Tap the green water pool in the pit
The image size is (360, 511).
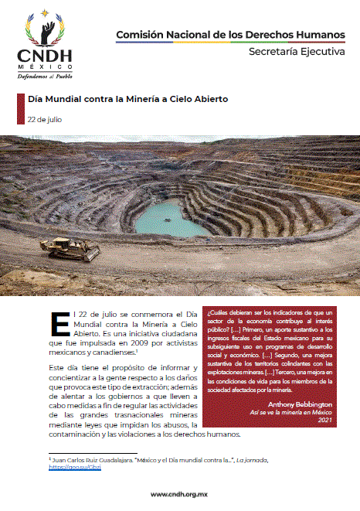click(x=171, y=217)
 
